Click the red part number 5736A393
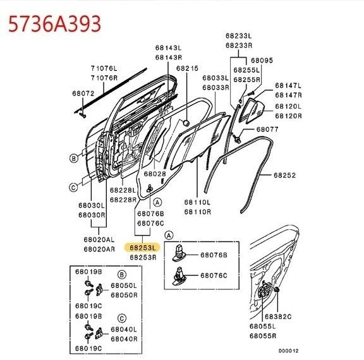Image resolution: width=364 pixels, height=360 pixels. tap(54, 23)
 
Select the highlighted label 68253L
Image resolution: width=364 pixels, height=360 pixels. tap(142, 248)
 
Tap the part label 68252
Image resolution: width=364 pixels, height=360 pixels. tap(284, 175)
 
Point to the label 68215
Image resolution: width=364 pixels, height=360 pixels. tap(187, 68)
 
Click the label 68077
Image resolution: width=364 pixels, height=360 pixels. tap(267, 129)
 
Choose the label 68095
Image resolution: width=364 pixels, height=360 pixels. tap(262, 60)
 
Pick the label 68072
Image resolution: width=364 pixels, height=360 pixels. tap(83, 93)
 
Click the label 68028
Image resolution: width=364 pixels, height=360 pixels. tap(155, 174)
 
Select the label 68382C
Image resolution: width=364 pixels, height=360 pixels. tap(278, 316)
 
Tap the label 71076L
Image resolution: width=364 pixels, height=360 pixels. tap(104, 68)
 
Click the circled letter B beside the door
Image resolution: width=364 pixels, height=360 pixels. tap(73, 159)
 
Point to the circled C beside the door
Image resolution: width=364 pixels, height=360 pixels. tap(73, 187)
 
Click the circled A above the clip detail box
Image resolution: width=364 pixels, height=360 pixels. tap(169, 236)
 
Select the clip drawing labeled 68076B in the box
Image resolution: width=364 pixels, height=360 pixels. tap(179, 253)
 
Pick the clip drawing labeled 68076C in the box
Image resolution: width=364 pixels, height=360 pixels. tap(179, 276)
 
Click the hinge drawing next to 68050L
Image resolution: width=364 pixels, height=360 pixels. tap(99, 289)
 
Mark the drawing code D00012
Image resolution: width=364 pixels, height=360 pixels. tap(289, 351)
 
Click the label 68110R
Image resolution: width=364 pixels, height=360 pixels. tap(198, 212)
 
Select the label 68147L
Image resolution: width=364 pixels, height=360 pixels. tap(288, 85)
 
